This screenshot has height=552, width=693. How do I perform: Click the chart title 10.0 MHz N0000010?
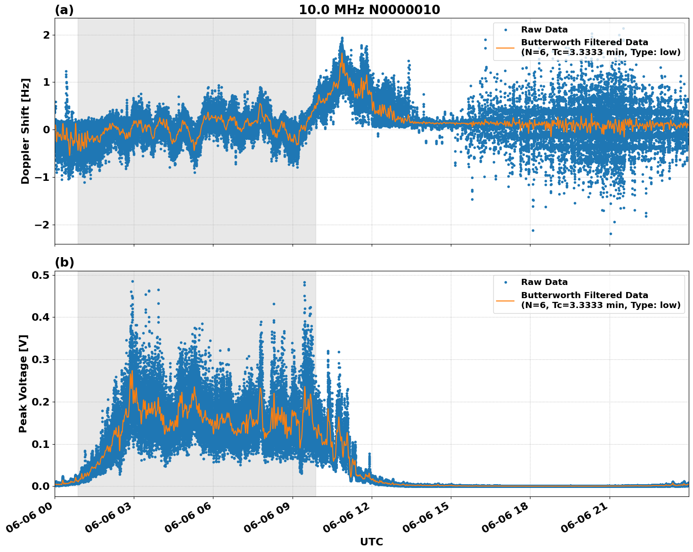pyautogui.click(x=369, y=10)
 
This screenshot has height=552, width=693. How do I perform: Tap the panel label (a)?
pyautogui.click(x=64, y=10)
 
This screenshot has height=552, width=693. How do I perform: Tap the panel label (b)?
pyautogui.click(x=64, y=262)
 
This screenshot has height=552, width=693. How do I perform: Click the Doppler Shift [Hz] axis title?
pyautogui.click(x=25, y=131)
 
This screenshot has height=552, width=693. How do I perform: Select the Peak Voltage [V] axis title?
pyautogui.click(x=23, y=383)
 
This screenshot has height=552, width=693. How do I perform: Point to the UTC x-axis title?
pyautogui.click(x=371, y=542)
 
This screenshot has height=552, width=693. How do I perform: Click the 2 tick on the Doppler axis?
pyautogui.click(x=47, y=35)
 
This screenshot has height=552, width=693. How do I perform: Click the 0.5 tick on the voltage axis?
pyautogui.click(x=41, y=275)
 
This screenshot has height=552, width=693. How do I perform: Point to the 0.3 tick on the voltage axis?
pyautogui.click(x=41, y=360)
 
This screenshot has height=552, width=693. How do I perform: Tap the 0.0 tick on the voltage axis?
pyautogui.click(x=41, y=487)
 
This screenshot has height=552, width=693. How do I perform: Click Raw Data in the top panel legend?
pyautogui.click(x=544, y=30)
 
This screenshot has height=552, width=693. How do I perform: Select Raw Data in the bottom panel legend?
pyautogui.click(x=544, y=282)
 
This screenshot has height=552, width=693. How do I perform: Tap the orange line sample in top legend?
pyautogui.click(x=505, y=48)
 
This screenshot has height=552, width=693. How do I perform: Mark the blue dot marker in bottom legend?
pyautogui.click(x=505, y=282)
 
